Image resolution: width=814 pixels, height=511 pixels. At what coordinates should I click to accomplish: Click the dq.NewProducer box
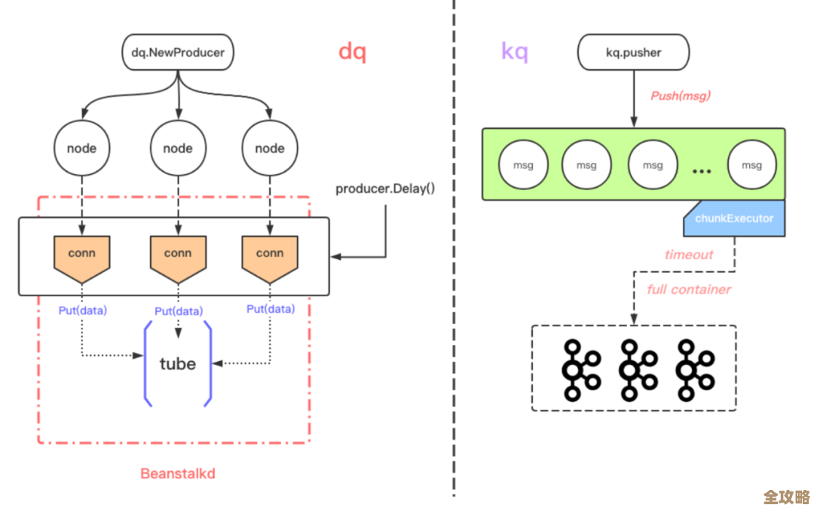[x=178, y=53]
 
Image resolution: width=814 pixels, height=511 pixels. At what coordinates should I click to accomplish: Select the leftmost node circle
[x=81, y=148]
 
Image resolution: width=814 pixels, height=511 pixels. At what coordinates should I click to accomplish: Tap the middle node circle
[x=178, y=148]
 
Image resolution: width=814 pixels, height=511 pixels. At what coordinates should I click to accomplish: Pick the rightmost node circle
[x=269, y=148]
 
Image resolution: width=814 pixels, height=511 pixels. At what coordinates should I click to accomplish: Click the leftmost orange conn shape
[x=81, y=255]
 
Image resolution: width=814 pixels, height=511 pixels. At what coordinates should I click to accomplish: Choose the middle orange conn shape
[x=178, y=255]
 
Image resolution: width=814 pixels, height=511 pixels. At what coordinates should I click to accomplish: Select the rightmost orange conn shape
[x=269, y=255]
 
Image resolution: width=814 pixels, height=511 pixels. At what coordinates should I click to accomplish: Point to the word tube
[x=178, y=364]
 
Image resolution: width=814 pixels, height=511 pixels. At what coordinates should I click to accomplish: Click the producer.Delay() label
[x=385, y=188]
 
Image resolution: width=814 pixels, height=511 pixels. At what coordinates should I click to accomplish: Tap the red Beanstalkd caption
[x=178, y=473]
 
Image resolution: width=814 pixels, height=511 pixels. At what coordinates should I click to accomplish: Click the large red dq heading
[x=352, y=52]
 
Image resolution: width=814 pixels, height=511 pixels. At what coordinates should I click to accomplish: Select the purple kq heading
[x=515, y=52]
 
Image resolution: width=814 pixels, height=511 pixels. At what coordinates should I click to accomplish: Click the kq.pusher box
[x=633, y=53]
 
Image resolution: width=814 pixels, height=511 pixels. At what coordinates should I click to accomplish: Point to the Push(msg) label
[x=681, y=96]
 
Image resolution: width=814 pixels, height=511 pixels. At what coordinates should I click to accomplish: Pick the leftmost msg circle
[x=523, y=165]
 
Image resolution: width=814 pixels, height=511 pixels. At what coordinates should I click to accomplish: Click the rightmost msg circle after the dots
[x=751, y=165]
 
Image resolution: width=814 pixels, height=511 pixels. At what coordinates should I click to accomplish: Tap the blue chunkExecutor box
[x=734, y=218]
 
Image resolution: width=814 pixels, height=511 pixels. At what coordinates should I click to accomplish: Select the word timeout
[x=688, y=255]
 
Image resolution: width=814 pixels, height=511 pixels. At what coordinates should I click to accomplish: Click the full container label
[x=689, y=289]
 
